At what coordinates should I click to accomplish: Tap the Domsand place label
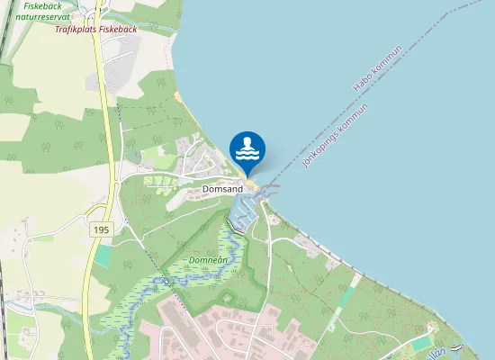click(x=222, y=190)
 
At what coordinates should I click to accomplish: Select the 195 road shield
click(x=100, y=231)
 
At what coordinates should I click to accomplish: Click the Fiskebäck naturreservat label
click(x=36, y=11)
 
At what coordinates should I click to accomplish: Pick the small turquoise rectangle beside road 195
click(x=103, y=256)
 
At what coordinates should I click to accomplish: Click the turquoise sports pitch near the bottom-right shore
click(x=422, y=343)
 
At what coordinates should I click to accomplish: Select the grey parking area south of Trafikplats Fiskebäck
click(x=94, y=82)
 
